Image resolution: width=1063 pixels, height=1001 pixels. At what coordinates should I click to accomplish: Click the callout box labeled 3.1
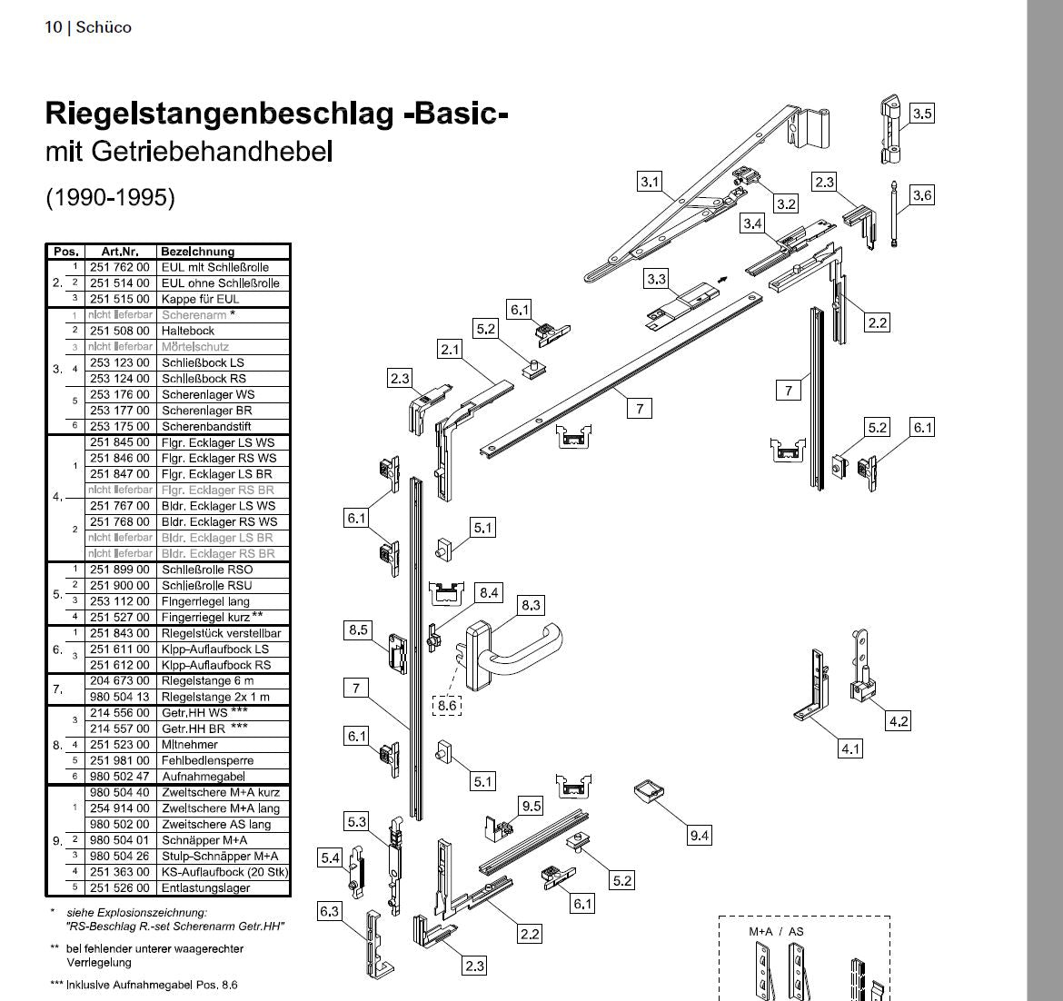point(650,182)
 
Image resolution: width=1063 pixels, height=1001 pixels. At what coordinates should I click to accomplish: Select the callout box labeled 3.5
point(922,114)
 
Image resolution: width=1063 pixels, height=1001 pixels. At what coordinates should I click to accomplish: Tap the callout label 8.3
point(531,605)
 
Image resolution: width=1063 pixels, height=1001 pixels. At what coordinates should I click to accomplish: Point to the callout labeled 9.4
point(700,836)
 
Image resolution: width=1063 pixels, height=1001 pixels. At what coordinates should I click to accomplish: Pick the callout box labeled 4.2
point(899,721)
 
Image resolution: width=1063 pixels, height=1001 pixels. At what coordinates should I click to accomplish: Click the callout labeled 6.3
point(330,911)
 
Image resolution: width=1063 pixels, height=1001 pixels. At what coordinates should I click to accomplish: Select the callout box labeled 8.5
point(358,629)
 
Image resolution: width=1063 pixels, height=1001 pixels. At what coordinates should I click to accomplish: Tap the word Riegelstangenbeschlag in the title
point(219,114)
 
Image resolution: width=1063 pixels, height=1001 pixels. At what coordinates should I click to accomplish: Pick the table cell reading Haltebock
point(188,331)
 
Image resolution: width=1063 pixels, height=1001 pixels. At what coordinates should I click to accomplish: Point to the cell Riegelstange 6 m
point(207,680)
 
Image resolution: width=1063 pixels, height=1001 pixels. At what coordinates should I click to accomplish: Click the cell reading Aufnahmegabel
point(204,776)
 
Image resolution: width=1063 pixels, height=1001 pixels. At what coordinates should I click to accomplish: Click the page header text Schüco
point(104,27)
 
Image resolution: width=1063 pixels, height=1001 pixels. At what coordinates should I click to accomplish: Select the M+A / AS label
point(776,931)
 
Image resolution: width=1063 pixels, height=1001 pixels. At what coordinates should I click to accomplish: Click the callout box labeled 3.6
point(922,195)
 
